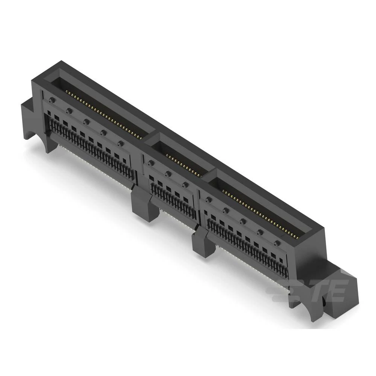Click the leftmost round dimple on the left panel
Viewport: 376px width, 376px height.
52,100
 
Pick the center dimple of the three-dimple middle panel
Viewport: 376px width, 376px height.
168,174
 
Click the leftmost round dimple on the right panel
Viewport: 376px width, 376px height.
208,199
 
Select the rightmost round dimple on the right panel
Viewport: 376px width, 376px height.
277,243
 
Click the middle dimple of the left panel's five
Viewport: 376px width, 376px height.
86,121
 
